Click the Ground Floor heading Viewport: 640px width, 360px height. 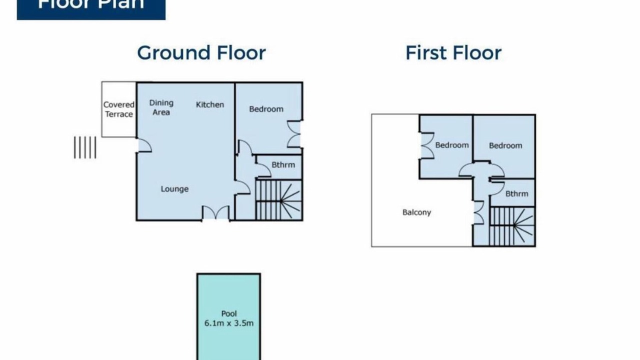pos(201,53)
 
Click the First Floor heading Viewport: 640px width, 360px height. pos(453,53)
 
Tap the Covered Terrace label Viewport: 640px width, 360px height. pos(119,109)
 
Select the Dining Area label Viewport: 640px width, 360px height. pos(161,107)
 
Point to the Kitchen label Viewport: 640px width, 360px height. pos(210,104)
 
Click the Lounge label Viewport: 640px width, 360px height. pos(174,189)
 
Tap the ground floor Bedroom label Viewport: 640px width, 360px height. pos(266,109)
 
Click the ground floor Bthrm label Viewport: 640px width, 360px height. pos(283,165)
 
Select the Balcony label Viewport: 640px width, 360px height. pos(416,212)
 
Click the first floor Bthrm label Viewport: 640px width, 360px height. pos(517,193)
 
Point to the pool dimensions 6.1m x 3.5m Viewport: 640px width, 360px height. pos(229,323)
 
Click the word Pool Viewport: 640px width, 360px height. pos(229,313)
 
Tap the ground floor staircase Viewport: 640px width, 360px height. pos(279,200)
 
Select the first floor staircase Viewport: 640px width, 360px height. pos(512,226)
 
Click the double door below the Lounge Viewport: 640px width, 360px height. pos(215,213)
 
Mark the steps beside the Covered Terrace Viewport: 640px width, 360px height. pos(85,147)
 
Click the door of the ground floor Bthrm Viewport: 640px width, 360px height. pos(263,169)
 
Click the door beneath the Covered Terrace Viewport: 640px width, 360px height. pos(144,145)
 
